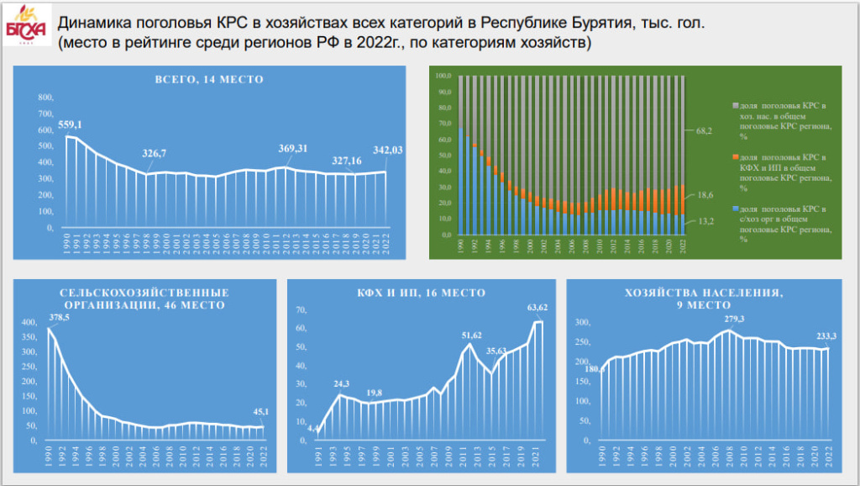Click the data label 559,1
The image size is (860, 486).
pos(70,125)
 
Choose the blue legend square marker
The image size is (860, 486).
pos(735,209)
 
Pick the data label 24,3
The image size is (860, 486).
pos(342,383)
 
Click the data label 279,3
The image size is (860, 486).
pos(729,319)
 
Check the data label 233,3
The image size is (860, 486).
pos(827,336)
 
